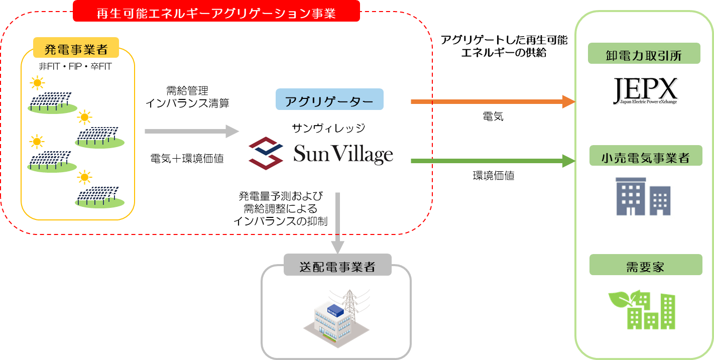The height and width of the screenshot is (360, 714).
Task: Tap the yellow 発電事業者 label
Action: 76,49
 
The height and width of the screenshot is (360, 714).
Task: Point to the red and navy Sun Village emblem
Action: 266,154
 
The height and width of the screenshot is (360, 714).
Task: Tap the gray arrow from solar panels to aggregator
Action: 191,132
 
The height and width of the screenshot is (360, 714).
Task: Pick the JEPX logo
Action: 645,91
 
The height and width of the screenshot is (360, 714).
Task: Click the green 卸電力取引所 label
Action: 644,54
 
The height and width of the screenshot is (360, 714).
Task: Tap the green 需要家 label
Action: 645,265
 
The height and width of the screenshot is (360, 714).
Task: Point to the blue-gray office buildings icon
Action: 643,194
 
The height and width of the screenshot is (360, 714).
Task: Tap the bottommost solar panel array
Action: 99,196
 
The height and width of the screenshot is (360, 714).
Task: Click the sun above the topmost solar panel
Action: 37,82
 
